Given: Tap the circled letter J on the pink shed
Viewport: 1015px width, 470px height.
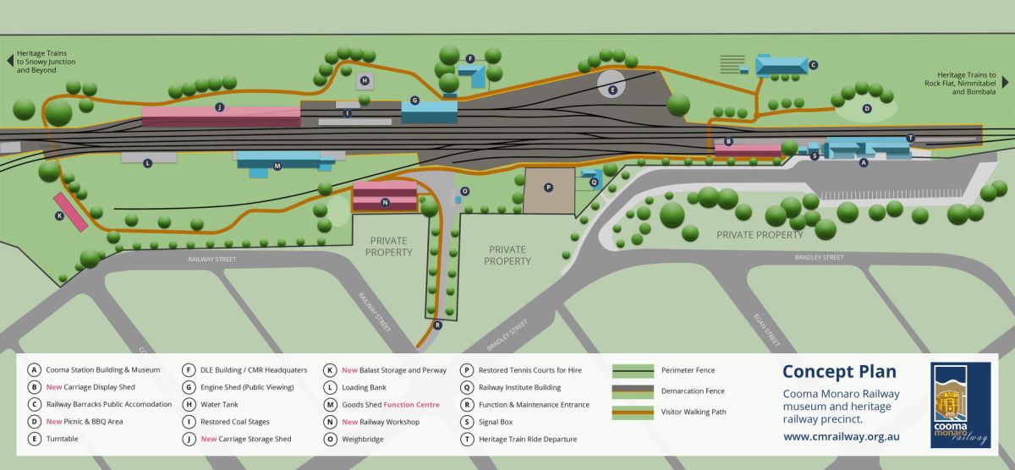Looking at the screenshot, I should (x=219, y=107).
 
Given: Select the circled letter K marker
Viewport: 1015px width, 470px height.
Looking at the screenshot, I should (x=59, y=216).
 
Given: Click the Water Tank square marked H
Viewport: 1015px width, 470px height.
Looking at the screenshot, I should (x=364, y=81).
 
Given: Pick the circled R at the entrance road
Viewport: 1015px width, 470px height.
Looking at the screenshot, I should (x=437, y=325).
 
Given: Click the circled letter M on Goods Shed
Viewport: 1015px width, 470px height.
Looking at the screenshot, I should (x=277, y=166).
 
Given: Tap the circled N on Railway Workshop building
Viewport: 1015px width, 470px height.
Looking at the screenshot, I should (x=385, y=203).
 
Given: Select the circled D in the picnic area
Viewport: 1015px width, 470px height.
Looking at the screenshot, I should (x=866, y=108).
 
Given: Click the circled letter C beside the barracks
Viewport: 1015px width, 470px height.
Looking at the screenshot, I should (x=813, y=64).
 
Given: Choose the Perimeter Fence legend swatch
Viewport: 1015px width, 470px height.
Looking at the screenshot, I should (x=633, y=369).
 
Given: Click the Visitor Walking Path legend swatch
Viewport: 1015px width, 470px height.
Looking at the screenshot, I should (x=633, y=412).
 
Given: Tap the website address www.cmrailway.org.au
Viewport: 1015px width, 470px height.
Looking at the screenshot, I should (x=841, y=437).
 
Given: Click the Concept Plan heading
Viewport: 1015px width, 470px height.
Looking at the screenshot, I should (x=839, y=371).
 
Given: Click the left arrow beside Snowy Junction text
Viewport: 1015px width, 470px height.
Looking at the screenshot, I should (x=9, y=61).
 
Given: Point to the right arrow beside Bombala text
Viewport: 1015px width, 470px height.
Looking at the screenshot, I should (x=1005, y=82).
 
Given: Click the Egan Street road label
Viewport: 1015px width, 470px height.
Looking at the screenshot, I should (x=766, y=329).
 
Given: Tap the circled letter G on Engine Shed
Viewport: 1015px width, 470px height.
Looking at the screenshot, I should (x=414, y=101).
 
